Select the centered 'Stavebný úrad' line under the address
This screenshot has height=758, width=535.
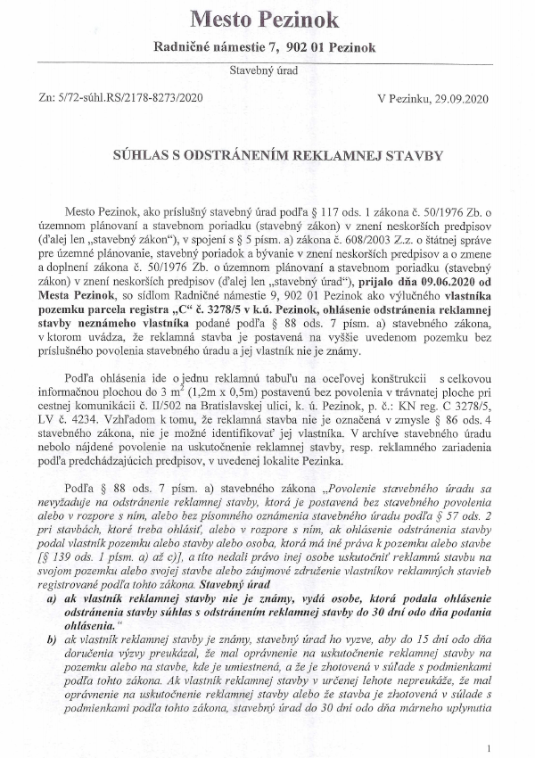tap(267, 69)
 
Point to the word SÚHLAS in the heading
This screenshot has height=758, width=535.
tap(147, 154)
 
